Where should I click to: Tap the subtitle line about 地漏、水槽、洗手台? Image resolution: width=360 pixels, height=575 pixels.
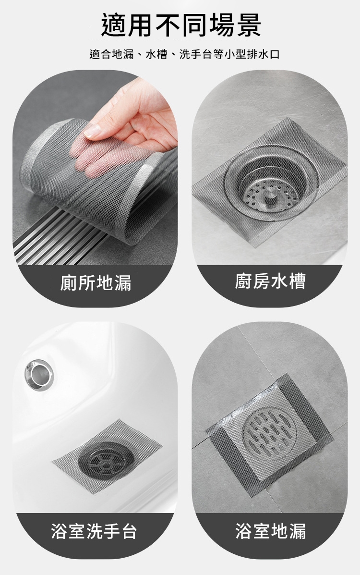pyautogui.click(x=184, y=55)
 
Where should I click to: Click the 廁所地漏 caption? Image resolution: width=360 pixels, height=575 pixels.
pyautogui.click(x=96, y=283)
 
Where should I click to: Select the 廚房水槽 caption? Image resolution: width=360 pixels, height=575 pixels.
pyautogui.click(x=270, y=281)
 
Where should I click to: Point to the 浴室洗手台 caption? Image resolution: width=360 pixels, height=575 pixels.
pyautogui.click(x=94, y=531)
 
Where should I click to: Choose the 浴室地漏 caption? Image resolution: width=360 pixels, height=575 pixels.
pyautogui.click(x=271, y=531)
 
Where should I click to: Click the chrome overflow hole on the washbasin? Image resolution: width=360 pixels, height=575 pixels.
pyautogui.click(x=39, y=375)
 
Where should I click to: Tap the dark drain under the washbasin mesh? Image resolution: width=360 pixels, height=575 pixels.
pyautogui.click(x=106, y=463)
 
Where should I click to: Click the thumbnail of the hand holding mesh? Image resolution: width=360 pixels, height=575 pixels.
pyautogui.click(x=96, y=168)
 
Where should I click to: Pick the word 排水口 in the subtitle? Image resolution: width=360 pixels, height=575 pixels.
pyautogui.click(x=264, y=55)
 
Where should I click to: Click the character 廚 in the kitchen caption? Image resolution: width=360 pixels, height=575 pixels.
pyautogui.click(x=243, y=281)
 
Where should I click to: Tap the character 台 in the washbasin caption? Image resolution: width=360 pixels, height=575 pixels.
pyautogui.click(x=129, y=531)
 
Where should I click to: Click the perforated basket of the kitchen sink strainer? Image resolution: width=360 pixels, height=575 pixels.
pyautogui.click(x=270, y=195)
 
